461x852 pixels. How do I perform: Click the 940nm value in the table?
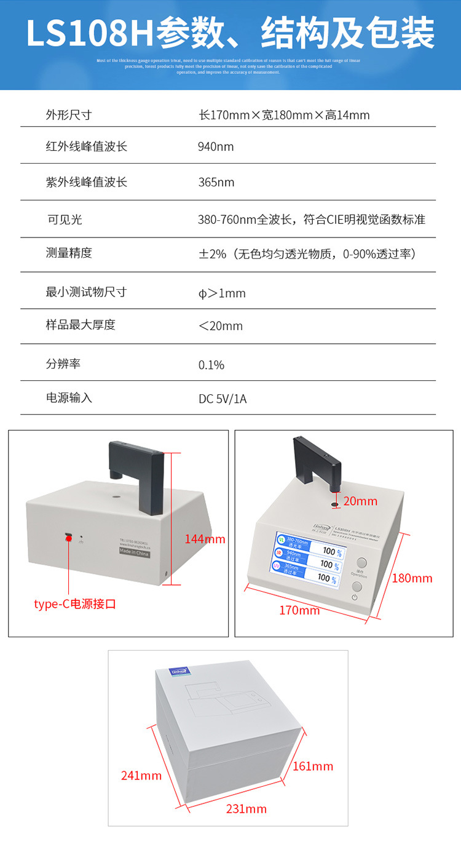click(x=216, y=147)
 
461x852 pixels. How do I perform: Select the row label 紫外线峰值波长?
click(x=87, y=183)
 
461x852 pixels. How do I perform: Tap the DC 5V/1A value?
click(x=223, y=399)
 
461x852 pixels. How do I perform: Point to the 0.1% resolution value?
click(x=211, y=365)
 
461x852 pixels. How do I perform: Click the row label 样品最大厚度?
click(x=81, y=325)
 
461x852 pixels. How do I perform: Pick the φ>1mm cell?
click(x=222, y=293)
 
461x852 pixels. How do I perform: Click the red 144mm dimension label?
click(x=205, y=539)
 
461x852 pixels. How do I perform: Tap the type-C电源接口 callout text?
click(x=75, y=604)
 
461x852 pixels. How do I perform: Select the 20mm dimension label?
click(x=360, y=501)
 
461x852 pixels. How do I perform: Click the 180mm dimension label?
click(x=412, y=578)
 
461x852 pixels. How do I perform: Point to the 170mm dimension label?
click(x=299, y=610)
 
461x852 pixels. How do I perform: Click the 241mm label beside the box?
click(x=141, y=776)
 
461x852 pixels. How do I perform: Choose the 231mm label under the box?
click(x=246, y=808)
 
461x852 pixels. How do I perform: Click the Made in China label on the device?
click(x=134, y=552)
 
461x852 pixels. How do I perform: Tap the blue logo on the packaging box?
click(x=179, y=672)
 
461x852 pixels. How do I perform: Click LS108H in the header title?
click(x=90, y=33)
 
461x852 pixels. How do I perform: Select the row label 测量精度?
click(x=69, y=253)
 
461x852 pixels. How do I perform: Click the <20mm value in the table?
click(x=220, y=326)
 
